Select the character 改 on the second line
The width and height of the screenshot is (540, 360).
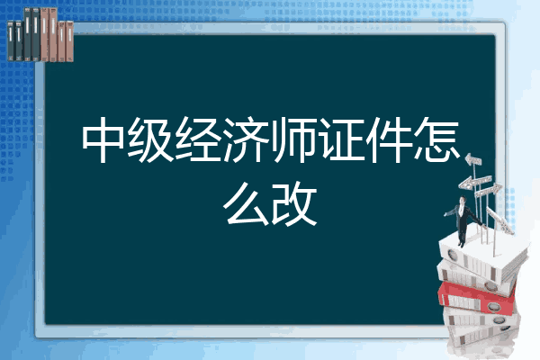[x=295, y=203]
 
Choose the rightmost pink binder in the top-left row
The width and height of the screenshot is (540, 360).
[x=69, y=40]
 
